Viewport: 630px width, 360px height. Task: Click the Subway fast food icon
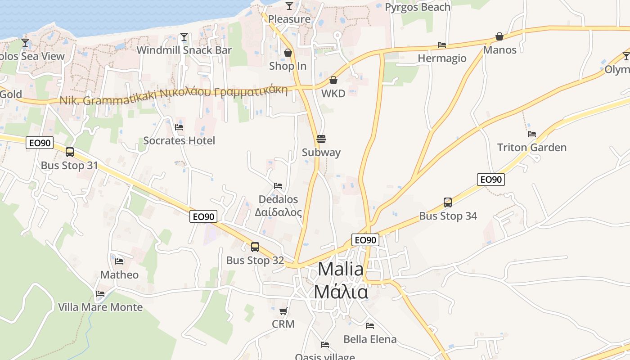[321, 139]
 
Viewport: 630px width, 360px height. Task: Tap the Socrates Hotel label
[179, 140]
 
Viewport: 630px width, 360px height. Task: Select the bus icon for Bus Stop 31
[69, 152]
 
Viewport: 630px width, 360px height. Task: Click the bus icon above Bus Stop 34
[447, 202]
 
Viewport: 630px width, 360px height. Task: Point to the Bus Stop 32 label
[255, 261]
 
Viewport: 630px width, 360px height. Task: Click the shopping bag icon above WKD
[333, 80]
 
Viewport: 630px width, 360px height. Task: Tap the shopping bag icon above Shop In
[288, 53]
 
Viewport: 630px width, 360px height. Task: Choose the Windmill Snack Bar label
[184, 50]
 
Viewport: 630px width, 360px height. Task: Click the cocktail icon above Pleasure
[289, 6]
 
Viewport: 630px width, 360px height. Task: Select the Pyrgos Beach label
[417, 7]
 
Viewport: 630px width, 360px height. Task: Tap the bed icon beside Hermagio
[442, 45]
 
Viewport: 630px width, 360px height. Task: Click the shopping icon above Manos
[499, 36]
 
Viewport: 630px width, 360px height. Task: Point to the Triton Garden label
[531, 148]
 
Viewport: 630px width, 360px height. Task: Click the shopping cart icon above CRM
[283, 311]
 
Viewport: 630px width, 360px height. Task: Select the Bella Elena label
[370, 339]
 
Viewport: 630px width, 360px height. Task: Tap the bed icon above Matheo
[119, 261]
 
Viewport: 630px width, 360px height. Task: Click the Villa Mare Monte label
[100, 307]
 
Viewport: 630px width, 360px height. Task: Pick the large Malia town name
[341, 269]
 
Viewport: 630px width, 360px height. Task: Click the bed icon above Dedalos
[278, 186]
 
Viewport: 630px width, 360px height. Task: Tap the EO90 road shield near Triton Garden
[490, 180]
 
